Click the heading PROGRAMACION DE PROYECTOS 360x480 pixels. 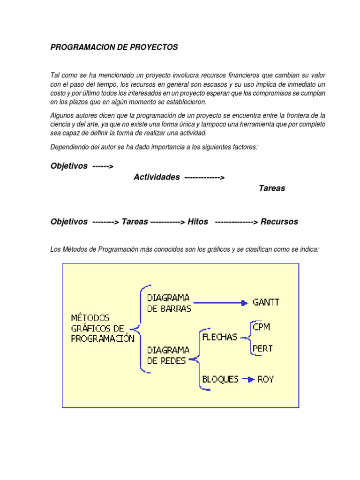coord(114,48)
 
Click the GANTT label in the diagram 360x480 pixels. coord(266,302)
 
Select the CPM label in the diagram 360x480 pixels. coord(261,327)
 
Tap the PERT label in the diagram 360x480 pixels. coord(262,349)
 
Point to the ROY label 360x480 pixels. coord(266,379)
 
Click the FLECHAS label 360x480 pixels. coord(219,337)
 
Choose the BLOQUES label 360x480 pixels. coord(220,379)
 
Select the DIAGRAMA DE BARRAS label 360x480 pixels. coord(168,303)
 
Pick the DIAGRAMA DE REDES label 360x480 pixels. coord(168,355)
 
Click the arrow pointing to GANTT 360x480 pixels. coord(220,303)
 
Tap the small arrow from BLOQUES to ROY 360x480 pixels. coord(249,379)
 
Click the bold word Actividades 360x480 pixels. coord(157,177)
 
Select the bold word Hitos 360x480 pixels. coord(198,222)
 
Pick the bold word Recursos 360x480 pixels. coord(279,222)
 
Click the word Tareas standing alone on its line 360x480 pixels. coord(272,188)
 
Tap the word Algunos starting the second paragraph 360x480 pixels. coord(62,115)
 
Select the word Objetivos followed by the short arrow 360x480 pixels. coord(69,166)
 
